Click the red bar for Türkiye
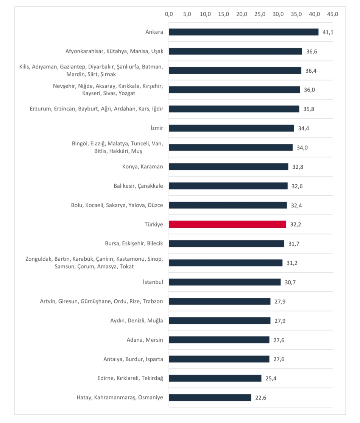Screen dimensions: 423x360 click(x=228, y=224)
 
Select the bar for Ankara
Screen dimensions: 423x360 click(x=244, y=32)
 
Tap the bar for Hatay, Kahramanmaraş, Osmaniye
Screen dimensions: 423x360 click(x=210, y=398)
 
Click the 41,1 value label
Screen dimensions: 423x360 click(x=328, y=32)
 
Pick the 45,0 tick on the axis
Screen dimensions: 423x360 click(x=332, y=14)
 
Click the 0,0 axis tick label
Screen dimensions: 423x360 click(x=169, y=14)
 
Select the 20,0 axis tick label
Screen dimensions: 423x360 click(x=242, y=14)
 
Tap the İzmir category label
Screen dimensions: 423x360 click(x=156, y=128)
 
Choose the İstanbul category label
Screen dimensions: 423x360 click(x=153, y=282)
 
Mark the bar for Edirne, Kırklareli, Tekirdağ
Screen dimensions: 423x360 click(x=215, y=378)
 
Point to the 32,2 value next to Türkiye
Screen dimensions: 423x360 click(x=296, y=224)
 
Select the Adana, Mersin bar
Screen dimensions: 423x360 click(x=219, y=340)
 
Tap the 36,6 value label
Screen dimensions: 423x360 click(x=312, y=51)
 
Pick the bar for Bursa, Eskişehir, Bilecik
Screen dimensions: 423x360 click(x=227, y=244)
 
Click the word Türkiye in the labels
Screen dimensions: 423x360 click(x=154, y=224)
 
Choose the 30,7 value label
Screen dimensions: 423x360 click(x=290, y=282)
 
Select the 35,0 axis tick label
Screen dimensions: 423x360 click(x=296, y=14)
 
